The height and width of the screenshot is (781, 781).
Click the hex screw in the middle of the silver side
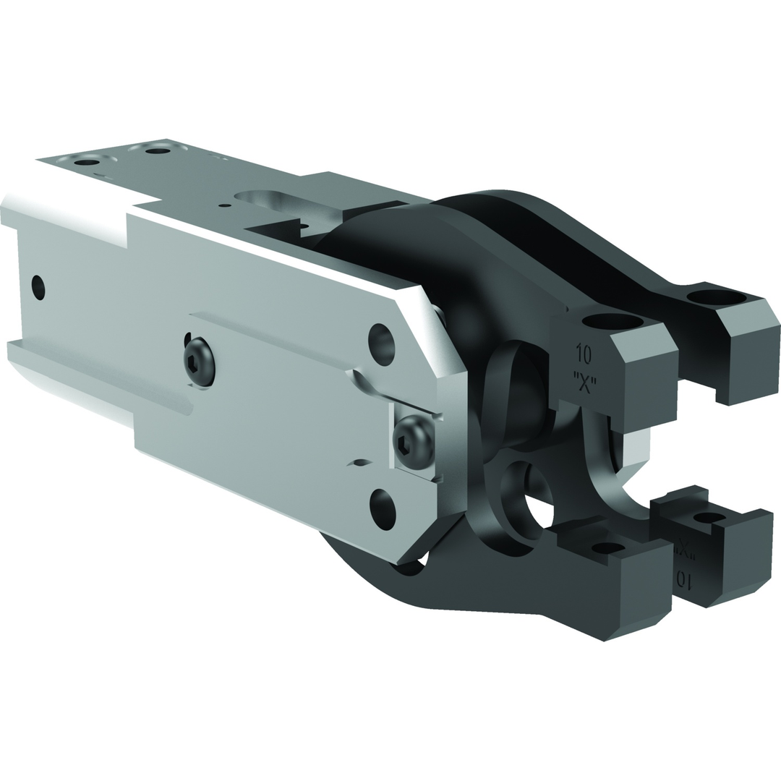tap(199, 361)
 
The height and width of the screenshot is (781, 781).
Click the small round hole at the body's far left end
tap(38, 288)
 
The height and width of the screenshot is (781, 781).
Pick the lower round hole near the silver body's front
tap(383, 508)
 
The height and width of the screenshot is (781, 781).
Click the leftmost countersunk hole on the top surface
tap(86, 161)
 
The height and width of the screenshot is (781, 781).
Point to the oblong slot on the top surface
tap(263, 197)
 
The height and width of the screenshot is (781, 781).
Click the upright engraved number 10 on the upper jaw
tap(584, 354)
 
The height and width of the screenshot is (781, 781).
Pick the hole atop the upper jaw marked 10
tap(612, 321)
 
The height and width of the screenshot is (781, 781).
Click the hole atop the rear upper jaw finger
tap(715, 296)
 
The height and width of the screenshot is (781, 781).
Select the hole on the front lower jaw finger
tap(608, 547)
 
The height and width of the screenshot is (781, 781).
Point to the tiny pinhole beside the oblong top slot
tap(225, 205)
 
